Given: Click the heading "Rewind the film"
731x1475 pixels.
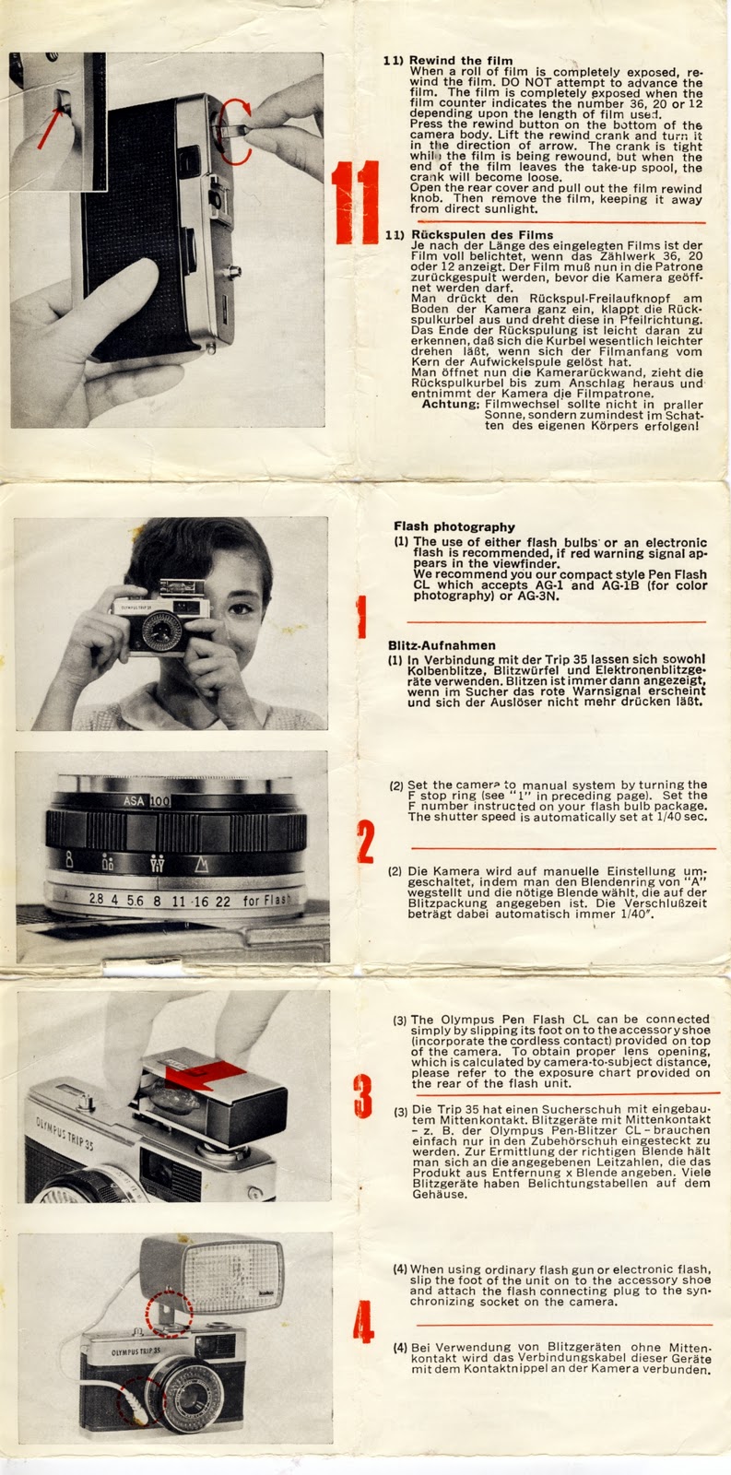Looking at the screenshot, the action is pos(461,61).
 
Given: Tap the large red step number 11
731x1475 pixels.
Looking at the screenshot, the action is pos(355,202).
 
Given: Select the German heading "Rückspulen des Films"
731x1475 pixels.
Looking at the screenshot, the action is pos(482,235).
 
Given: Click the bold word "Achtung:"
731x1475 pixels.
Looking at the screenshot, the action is pos(451,404).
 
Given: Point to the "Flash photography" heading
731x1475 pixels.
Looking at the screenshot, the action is pos(454,526).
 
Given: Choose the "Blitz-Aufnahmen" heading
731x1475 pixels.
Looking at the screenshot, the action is pos(442,645).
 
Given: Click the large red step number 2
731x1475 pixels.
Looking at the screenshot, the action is pos(365,842).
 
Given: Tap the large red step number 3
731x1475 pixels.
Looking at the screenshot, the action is pos(363,1096).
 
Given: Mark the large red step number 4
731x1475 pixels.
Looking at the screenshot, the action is pos(363,1322).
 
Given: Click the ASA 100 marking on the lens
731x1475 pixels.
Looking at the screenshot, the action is pos(147,801).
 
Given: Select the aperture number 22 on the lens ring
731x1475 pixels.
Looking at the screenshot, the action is pos(222,901).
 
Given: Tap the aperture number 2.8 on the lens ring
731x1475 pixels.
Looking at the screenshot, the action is pos(96,898).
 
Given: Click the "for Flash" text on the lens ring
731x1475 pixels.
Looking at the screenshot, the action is pos(266,900).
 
